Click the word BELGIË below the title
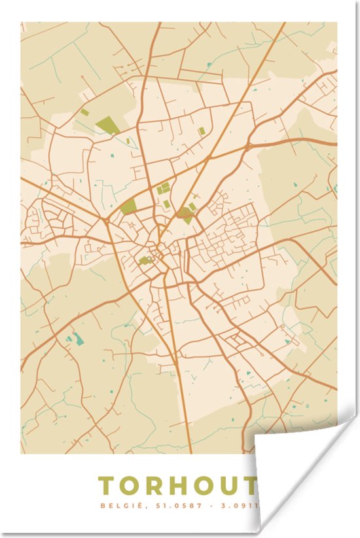(115, 506)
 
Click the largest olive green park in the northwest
(107, 125)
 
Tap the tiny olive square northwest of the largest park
(84, 112)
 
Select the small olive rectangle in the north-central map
(202, 131)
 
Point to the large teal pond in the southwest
(79, 338)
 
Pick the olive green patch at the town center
(145, 260)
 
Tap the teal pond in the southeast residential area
(287, 341)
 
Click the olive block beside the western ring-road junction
(128, 207)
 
